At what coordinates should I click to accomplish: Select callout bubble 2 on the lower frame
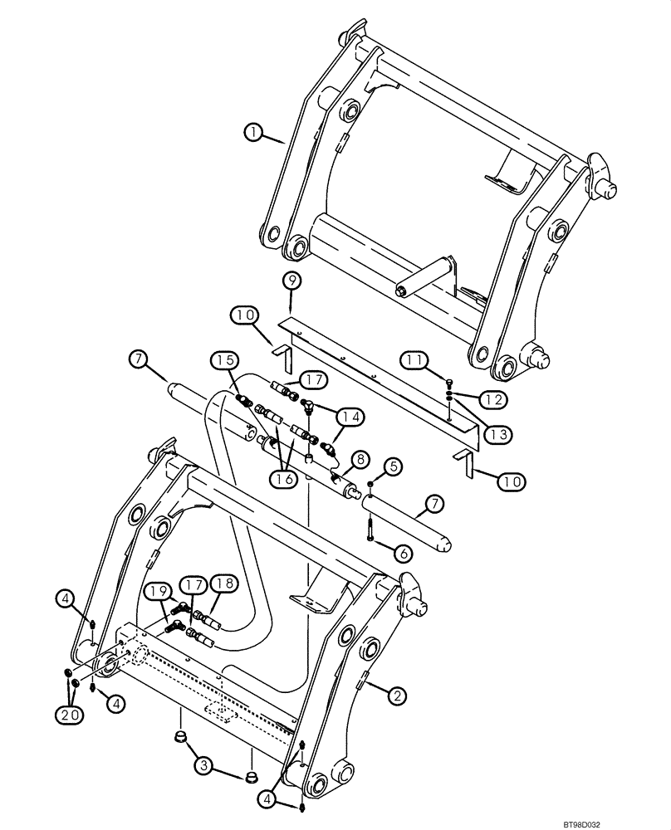pyautogui.click(x=399, y=696)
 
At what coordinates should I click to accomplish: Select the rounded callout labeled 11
pyautogui.click(x=415, y=359)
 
